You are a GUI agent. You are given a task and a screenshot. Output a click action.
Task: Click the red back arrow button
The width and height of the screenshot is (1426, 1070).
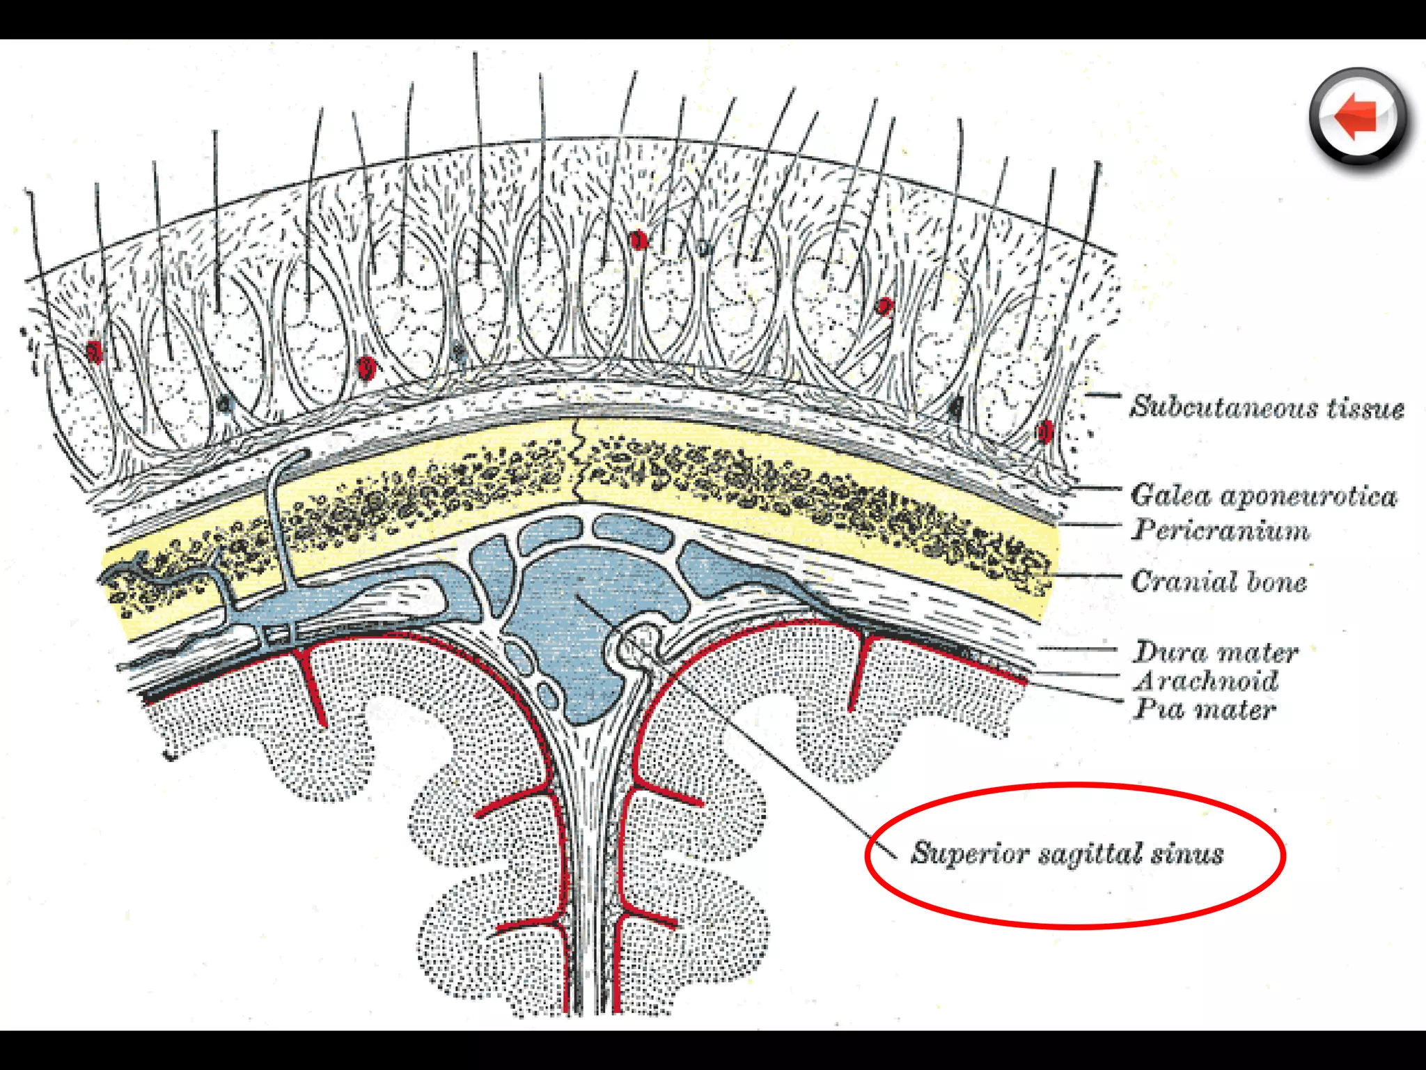[x=1357, y=116]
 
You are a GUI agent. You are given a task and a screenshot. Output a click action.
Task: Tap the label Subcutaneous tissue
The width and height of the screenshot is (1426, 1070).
[x=1267, y=407]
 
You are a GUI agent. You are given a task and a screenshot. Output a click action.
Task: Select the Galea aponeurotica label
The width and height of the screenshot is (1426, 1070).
[x=1264, y=495]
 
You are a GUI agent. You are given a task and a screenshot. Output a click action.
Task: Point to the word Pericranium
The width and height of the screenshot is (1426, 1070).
[x=1221, y=530]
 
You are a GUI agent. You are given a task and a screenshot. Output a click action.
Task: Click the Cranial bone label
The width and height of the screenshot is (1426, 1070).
[x=1219, y=581]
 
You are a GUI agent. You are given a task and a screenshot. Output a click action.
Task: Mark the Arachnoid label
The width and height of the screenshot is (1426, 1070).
[x=1207, y=681]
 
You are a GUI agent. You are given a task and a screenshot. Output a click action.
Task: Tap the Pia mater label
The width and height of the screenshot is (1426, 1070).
[x=1205, y=709]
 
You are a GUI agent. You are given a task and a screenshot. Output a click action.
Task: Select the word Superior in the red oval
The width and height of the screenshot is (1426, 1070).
[x=969, y=853]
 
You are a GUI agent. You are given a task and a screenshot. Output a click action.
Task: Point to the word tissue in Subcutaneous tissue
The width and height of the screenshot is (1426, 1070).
[x=1365, y=408]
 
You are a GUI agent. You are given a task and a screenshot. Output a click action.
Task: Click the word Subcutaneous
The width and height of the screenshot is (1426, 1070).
[x=1223, y=407]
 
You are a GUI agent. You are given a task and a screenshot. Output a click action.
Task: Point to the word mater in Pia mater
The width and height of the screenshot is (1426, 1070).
[x=1235, y=710]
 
